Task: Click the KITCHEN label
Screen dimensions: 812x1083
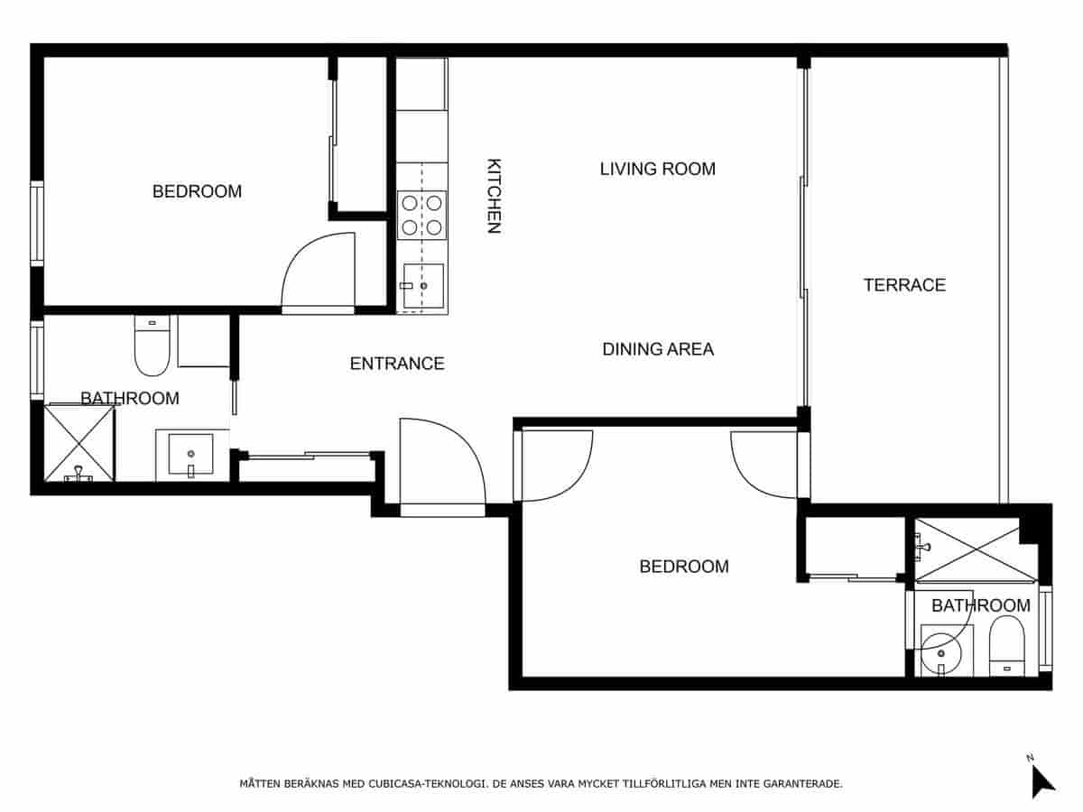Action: coord(494,197)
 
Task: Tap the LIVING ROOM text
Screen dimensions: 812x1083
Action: coord(657,169)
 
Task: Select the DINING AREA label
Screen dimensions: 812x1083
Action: coord(658,349)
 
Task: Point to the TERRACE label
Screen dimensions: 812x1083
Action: coord(904,285)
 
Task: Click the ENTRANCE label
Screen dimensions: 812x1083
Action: coord(397,364)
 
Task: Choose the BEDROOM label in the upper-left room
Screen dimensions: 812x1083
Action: coord(197,191)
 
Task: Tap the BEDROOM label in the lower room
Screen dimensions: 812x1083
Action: coord(684,567)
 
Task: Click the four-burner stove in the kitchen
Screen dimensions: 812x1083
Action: coord(422,215)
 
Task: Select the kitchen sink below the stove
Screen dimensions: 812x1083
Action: coord(422,286)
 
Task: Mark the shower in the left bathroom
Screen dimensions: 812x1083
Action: coord(80,443)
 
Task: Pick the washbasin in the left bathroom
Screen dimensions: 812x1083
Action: coord(190,456)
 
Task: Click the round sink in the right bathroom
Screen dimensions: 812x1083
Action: coord(941,650)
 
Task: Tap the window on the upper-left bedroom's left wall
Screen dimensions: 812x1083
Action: coord(37,224)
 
